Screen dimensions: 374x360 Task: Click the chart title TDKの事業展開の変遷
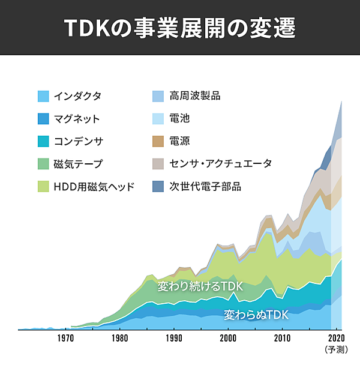point(179,29)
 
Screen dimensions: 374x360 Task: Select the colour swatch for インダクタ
point(43,96)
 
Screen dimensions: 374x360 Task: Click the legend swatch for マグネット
point(43,119)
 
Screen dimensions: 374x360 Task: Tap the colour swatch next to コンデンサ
point(43,142)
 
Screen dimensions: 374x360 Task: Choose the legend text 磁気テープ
point(78,164)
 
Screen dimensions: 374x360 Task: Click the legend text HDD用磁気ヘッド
point(94,187)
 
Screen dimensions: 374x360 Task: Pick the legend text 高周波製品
point(195,96)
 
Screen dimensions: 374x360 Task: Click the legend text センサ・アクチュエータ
point(221,164)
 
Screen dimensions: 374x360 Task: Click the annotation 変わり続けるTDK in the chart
point(200,286)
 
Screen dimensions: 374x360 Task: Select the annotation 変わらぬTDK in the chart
point(256,315)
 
